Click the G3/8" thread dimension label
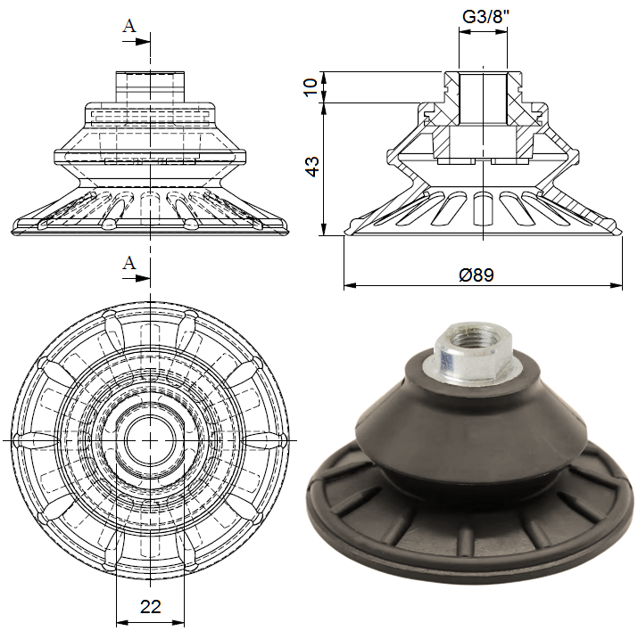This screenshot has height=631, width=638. tap(483, 16)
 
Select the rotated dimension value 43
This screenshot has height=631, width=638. tap(311, 168)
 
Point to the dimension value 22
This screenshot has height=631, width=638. tap(151, 607)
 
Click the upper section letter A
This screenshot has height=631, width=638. tap(129, 26)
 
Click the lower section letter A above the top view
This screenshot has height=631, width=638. tap(129, 262)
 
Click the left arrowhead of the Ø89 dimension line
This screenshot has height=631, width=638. tap(350, 286)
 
